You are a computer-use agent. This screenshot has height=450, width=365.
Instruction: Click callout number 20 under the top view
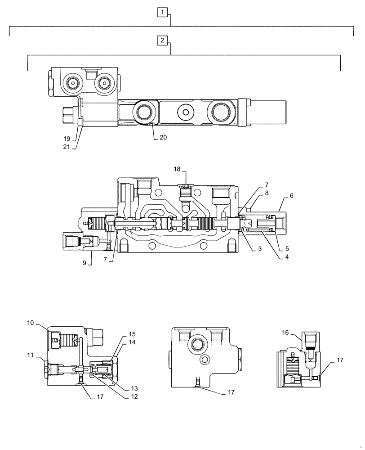point(162,138)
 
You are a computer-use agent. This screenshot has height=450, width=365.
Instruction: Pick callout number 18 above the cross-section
point(177,169)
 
